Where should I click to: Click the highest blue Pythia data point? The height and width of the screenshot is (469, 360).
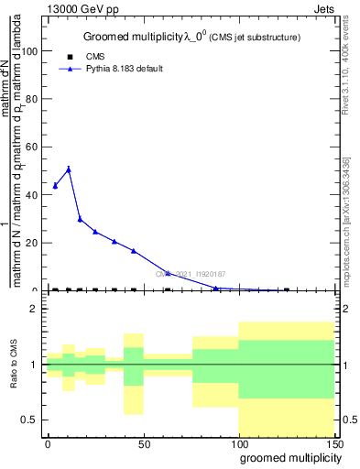69,169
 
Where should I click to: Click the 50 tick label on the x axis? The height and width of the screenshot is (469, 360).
143,443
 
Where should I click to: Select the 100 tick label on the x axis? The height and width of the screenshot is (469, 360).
238,443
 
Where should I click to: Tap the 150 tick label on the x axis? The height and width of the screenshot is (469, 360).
334,443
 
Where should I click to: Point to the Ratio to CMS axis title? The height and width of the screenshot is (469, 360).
16,364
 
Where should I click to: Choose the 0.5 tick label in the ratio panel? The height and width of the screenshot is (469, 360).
30,420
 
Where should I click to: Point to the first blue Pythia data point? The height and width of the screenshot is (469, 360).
55,186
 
